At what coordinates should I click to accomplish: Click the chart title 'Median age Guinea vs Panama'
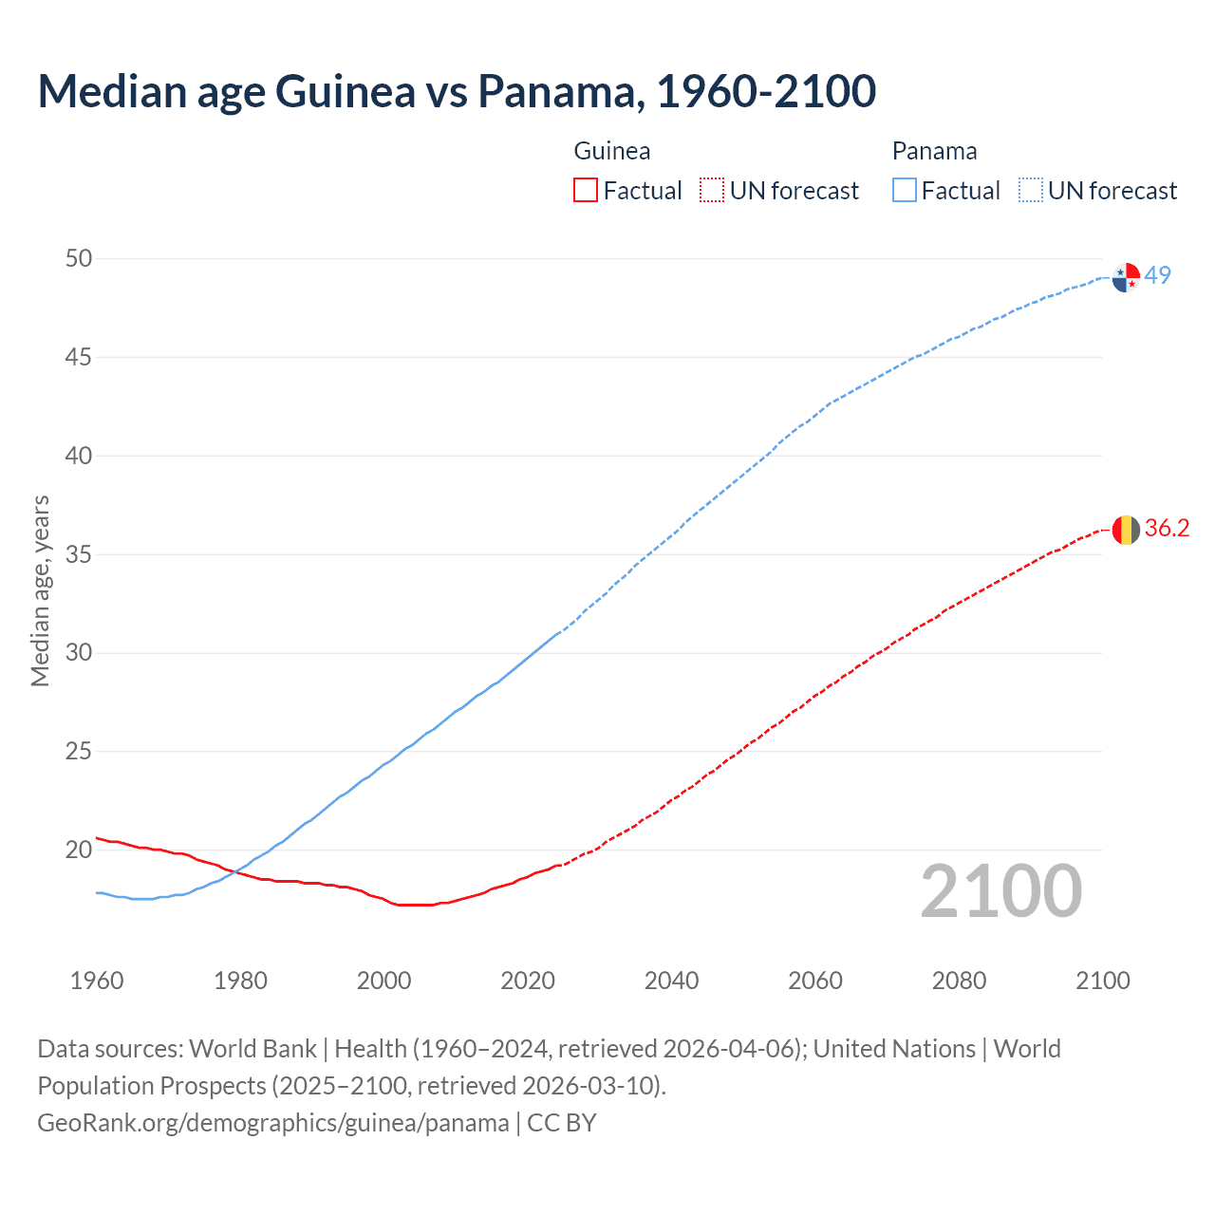[x=456, y=91]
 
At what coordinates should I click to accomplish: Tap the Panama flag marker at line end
[x=1126, y=277]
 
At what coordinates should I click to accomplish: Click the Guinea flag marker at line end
[x=1126, y=530]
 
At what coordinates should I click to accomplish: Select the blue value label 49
[x=1158, y=275]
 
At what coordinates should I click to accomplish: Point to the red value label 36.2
[x=1167, y=529]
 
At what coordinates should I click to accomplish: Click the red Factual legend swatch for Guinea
[x=586, y=191]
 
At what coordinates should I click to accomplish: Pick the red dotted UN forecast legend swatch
[x=712, y=191]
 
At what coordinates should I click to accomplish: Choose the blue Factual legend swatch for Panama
[x=904, y=191]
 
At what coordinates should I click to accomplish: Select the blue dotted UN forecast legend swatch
[x=1030, y=191]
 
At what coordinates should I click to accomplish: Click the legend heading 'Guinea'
[x=612, y=151]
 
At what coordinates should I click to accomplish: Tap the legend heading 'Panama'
[x=934, y=151]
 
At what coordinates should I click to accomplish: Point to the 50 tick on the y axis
[x=79, y=259]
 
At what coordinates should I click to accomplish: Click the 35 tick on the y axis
[x=79, y=554]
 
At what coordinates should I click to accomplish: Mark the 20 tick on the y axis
[x=79, y=850]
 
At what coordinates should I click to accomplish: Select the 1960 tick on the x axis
[x=97, y=981]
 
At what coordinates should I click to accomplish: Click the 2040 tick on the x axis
[x=671, y=981]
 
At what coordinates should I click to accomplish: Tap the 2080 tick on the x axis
[x=959, y=981]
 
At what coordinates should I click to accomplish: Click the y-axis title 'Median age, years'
[x=40, y=590]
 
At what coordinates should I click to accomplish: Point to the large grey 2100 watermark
[x=1001, y=891]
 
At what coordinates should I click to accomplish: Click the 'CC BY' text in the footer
[x=562, y=1123]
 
